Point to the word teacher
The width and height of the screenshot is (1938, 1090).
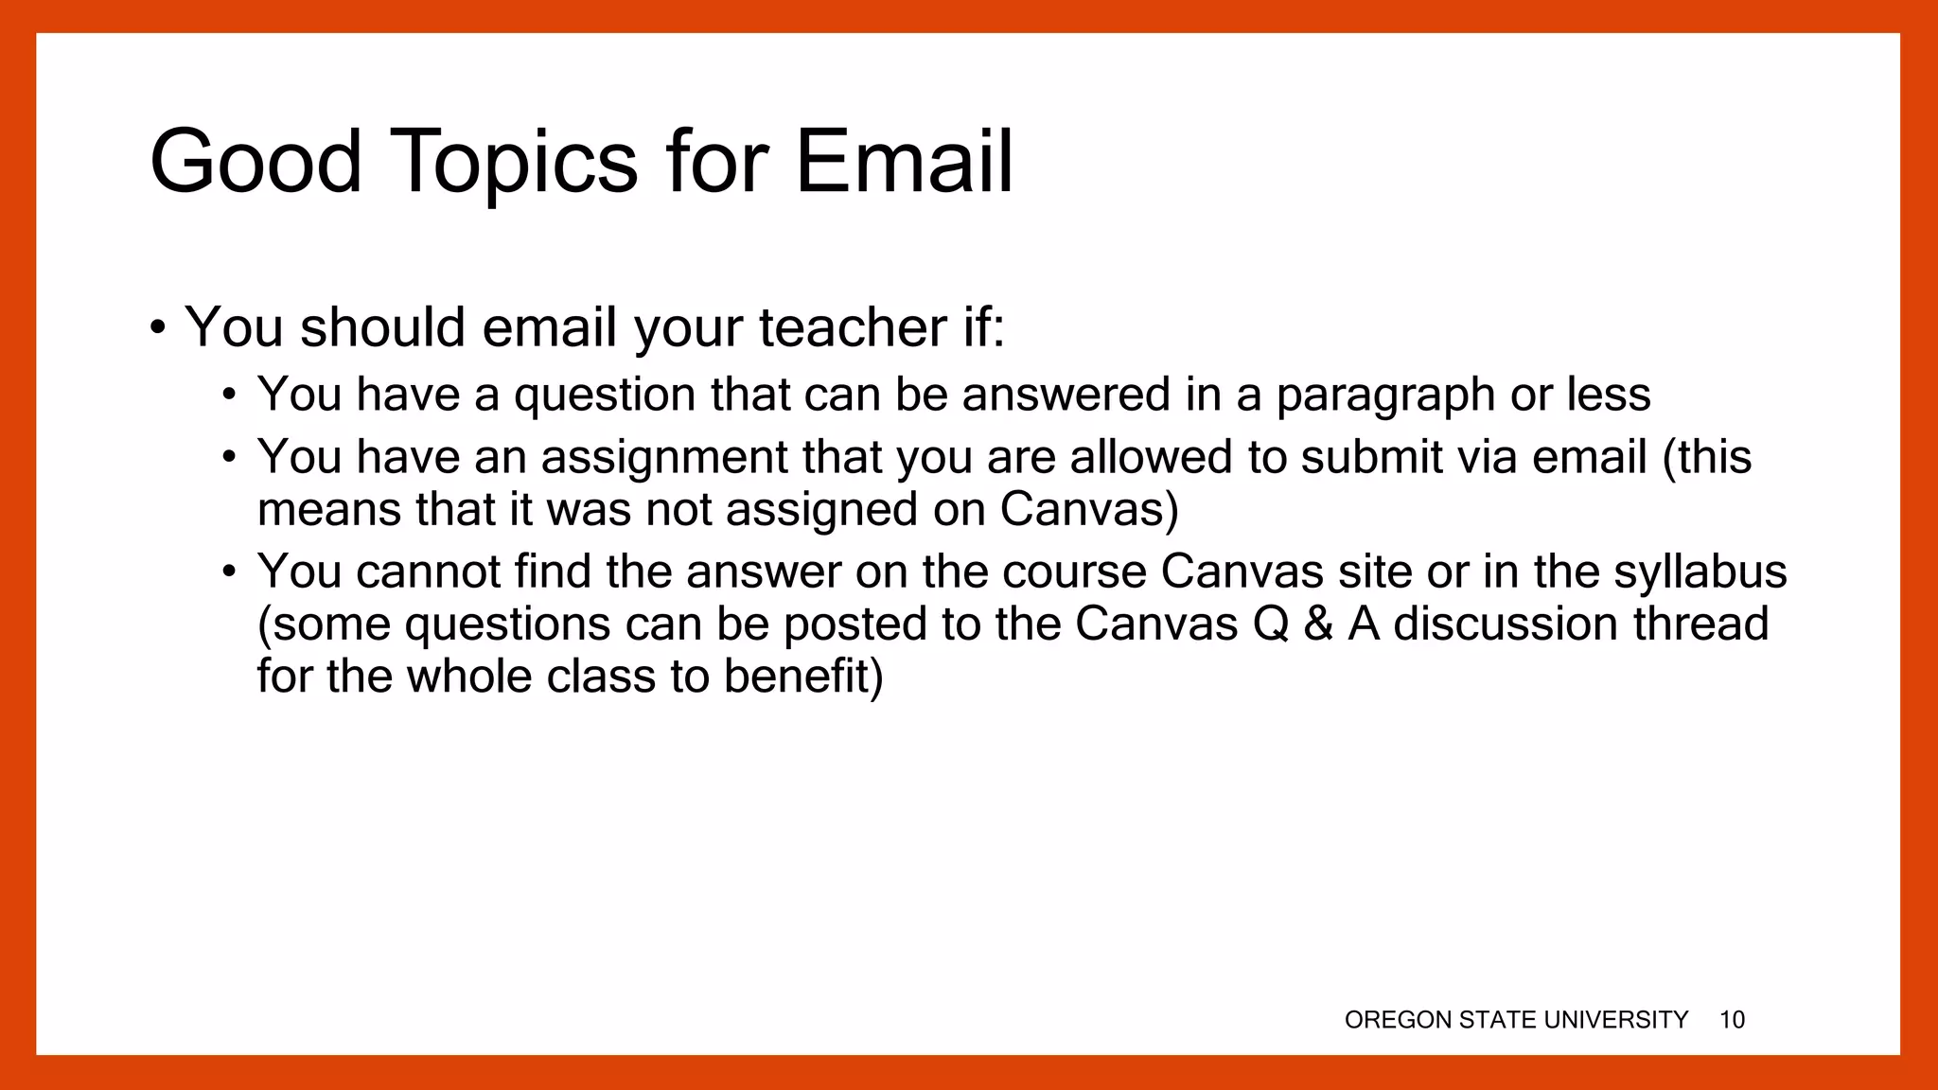[852, 327]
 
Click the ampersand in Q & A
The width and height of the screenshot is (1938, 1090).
[1318, 624]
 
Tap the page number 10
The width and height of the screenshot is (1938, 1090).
[1732, 1020]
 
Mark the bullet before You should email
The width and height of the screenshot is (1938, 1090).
[158, 329]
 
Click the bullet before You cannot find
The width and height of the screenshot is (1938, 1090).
[228, 572]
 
